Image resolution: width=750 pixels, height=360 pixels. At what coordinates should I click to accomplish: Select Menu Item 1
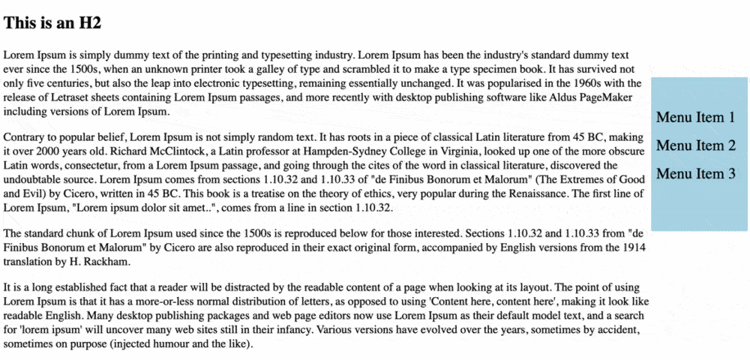pyautogui.click(x=695, y=117)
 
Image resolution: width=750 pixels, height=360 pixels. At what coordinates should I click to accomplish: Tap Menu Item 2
pyautogui.click(x=695, y=145)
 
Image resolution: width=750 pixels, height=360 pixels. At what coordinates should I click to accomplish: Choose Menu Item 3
pyautogui.click(x=695, y=174)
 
